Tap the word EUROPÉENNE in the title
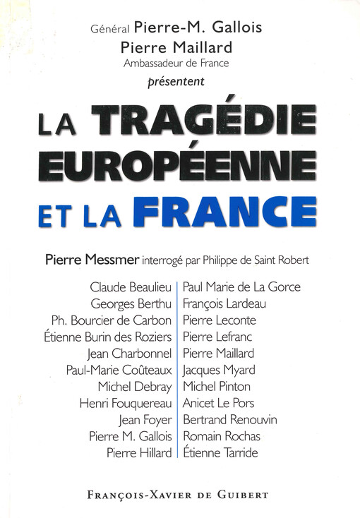tap(178, 163)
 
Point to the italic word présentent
tap(181, 80)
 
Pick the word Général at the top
tap(111, 30)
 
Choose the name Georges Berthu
tap(131, 303)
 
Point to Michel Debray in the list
tap(136, 386)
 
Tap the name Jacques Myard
tap(218, 370)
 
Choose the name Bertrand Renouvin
tap(229, 419)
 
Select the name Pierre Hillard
tap(138, 452)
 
